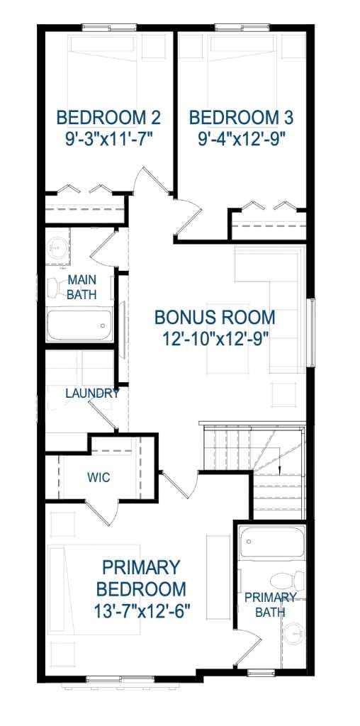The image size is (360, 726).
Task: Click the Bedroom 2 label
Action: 108,116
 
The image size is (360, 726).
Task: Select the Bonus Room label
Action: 215,316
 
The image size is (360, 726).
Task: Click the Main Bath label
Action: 81,287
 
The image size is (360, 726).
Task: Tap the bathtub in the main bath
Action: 79,325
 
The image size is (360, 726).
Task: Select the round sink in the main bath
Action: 56,249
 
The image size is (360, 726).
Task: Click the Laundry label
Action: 92,393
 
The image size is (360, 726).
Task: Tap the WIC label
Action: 99,477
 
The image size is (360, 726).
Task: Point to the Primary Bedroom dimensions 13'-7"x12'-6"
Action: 140,610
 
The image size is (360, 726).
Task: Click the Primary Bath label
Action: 270,604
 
